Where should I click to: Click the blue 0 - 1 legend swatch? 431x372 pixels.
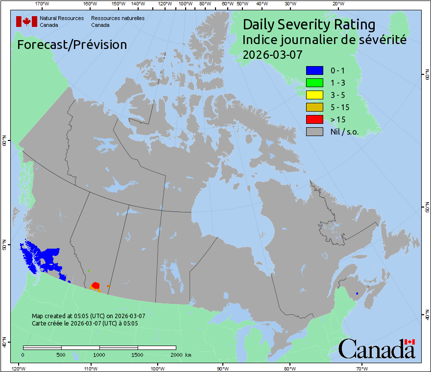[314, 70]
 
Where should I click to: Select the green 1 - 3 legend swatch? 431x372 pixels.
[314, 82]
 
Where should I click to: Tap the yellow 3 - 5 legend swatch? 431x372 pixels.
[314, 94]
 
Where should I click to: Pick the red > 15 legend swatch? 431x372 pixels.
[314, 119]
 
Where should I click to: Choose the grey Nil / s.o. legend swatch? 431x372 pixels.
[314, 131]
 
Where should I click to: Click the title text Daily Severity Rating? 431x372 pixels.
[309, 24]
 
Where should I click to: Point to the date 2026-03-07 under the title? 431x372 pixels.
[272, 54]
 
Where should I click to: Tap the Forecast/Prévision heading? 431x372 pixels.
[72, 45]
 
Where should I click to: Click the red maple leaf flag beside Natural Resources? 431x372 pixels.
[26, 22]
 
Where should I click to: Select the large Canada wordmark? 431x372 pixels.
[377, 348]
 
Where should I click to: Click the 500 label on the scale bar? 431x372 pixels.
[61, 354]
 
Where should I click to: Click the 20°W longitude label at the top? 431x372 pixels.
[337, 4]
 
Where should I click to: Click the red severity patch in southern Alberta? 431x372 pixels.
[96, 285]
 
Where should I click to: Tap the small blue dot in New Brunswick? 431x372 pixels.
[357, 293]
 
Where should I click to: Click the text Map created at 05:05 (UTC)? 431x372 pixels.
[88, 316]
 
